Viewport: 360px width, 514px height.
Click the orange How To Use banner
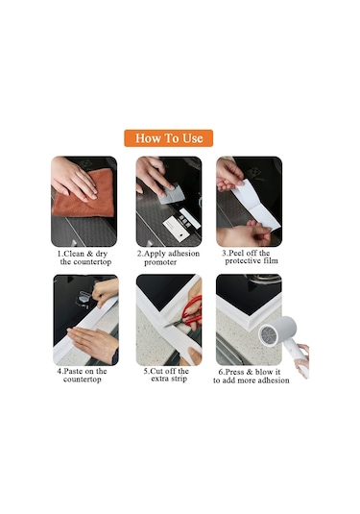(x=168, y=138)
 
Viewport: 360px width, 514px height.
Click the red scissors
(x=186, y=313)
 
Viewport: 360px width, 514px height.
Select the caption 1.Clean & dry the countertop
(x=84, y=257)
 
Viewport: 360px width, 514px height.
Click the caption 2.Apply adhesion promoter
(x=168, y=257)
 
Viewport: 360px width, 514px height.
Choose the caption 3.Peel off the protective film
(x=250, y=257)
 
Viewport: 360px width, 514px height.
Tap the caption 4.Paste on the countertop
(x=82, y=375)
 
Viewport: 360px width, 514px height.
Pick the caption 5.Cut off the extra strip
(x=166, y=375)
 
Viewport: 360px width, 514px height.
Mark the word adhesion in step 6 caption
(x=274, y=380)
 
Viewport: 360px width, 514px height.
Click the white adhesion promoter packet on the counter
(x=177, y=229)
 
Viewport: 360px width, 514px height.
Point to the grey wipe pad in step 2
(x=171, y=195)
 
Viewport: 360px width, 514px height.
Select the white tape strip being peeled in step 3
(x=256, y=205)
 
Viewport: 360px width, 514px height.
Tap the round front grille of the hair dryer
(x=269, y=334)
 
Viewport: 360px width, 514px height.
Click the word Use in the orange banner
(x=193, y=138)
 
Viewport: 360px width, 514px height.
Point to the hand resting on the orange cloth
(x=74, y=179)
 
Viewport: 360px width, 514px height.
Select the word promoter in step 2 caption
(x=160, y=262)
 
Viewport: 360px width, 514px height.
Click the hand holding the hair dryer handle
(x=302, y=359)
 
